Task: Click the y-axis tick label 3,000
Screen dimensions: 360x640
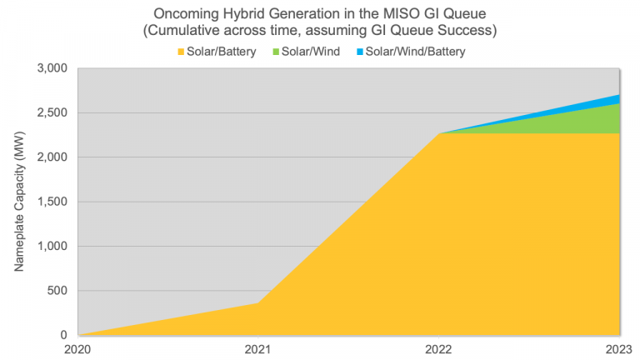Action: tap(55, 68)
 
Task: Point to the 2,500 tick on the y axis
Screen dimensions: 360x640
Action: tap(55, 112)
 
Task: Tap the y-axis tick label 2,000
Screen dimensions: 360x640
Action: tap(55, 157)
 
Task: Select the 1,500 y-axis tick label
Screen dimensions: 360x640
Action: tap(55, 202)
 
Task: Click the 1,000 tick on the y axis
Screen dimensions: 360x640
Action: tap(55, 247)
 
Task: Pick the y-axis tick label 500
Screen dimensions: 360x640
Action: tap(60, 291)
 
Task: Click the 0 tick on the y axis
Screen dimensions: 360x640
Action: tap(67, 335)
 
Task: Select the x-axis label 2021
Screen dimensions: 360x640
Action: tap(257, 349)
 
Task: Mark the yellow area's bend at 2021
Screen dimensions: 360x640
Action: tap(258, 302)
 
